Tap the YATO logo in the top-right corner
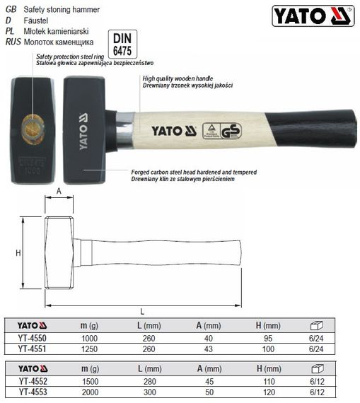coord(311,16)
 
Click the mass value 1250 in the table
coord(88,349)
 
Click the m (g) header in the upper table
coord(88,326)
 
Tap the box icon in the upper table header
coord(318,326)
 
